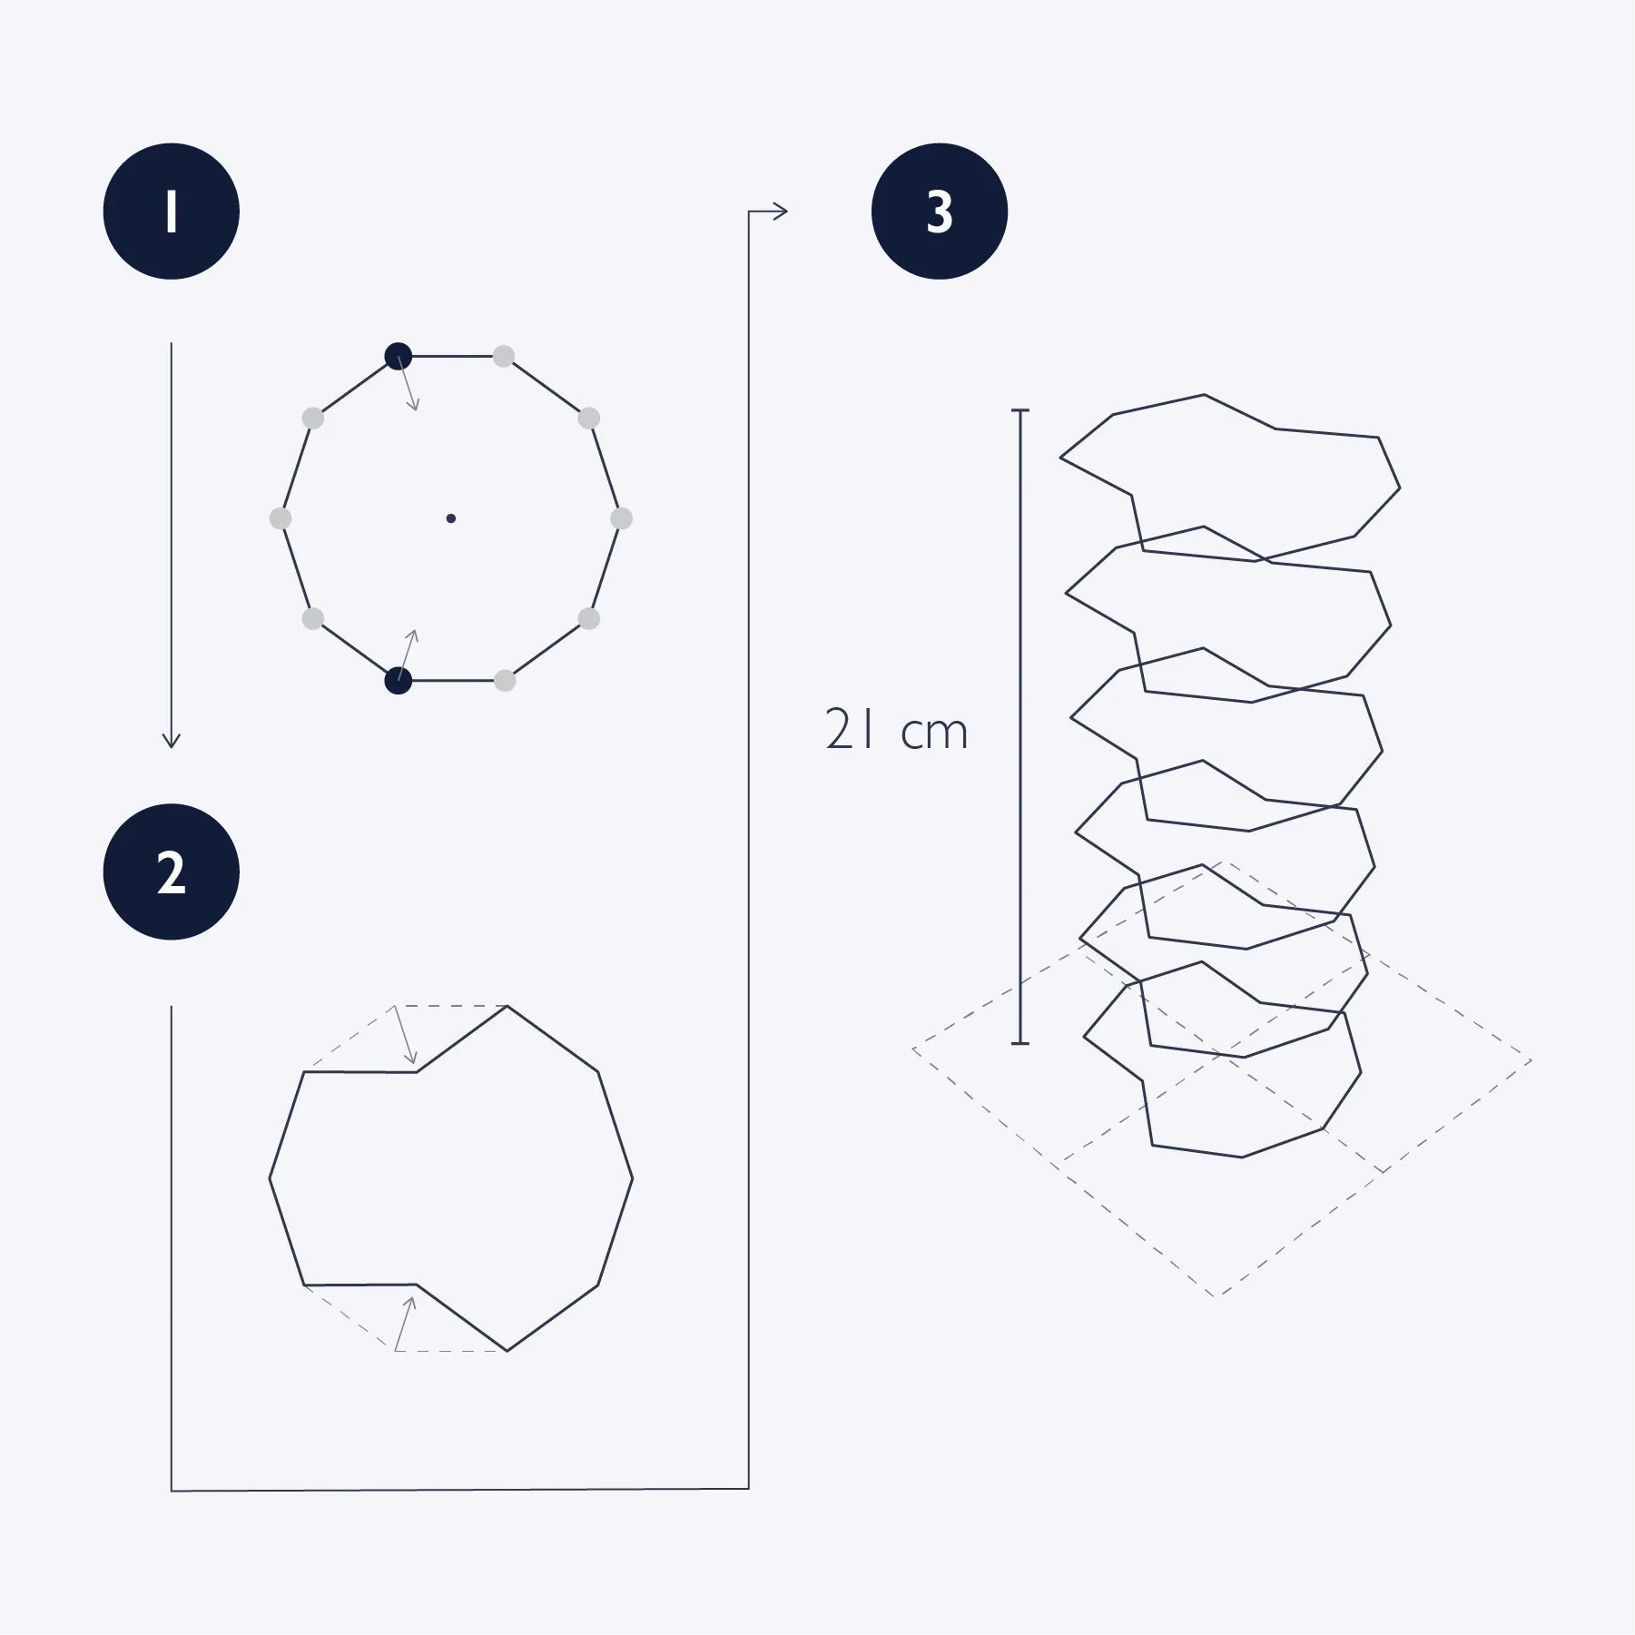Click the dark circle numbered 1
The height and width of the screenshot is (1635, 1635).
[172, 211]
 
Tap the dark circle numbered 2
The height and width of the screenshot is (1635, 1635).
[172, 872]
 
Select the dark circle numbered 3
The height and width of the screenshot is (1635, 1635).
[940, 211]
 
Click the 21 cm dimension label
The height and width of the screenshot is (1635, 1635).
[897, 730]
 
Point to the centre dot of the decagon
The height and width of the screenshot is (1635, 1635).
[451, 518]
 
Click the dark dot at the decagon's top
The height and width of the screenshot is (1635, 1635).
[399, 357]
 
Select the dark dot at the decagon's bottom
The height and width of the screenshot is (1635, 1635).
[399, 680]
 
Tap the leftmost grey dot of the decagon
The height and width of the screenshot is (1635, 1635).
[281, 518]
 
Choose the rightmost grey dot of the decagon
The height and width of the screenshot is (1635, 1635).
[621, 518]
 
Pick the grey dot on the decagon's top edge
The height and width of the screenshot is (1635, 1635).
[504, 357]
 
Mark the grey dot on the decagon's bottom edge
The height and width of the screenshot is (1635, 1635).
[505, 680]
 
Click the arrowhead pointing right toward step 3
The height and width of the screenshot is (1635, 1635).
[780, 212]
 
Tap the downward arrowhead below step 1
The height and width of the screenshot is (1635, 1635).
[171, 739]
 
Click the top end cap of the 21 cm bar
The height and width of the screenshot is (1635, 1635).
[1020, 410]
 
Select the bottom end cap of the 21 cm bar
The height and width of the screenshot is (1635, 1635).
[1020, 1044]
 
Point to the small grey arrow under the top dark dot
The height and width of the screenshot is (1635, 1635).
[409, 383]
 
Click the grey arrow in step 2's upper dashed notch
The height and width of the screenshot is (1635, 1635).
[405, 1034]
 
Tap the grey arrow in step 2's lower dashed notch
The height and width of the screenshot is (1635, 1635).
[405, 1324]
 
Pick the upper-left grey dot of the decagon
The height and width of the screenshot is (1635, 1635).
[312, 419]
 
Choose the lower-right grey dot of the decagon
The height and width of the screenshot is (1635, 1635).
[589, 619]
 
